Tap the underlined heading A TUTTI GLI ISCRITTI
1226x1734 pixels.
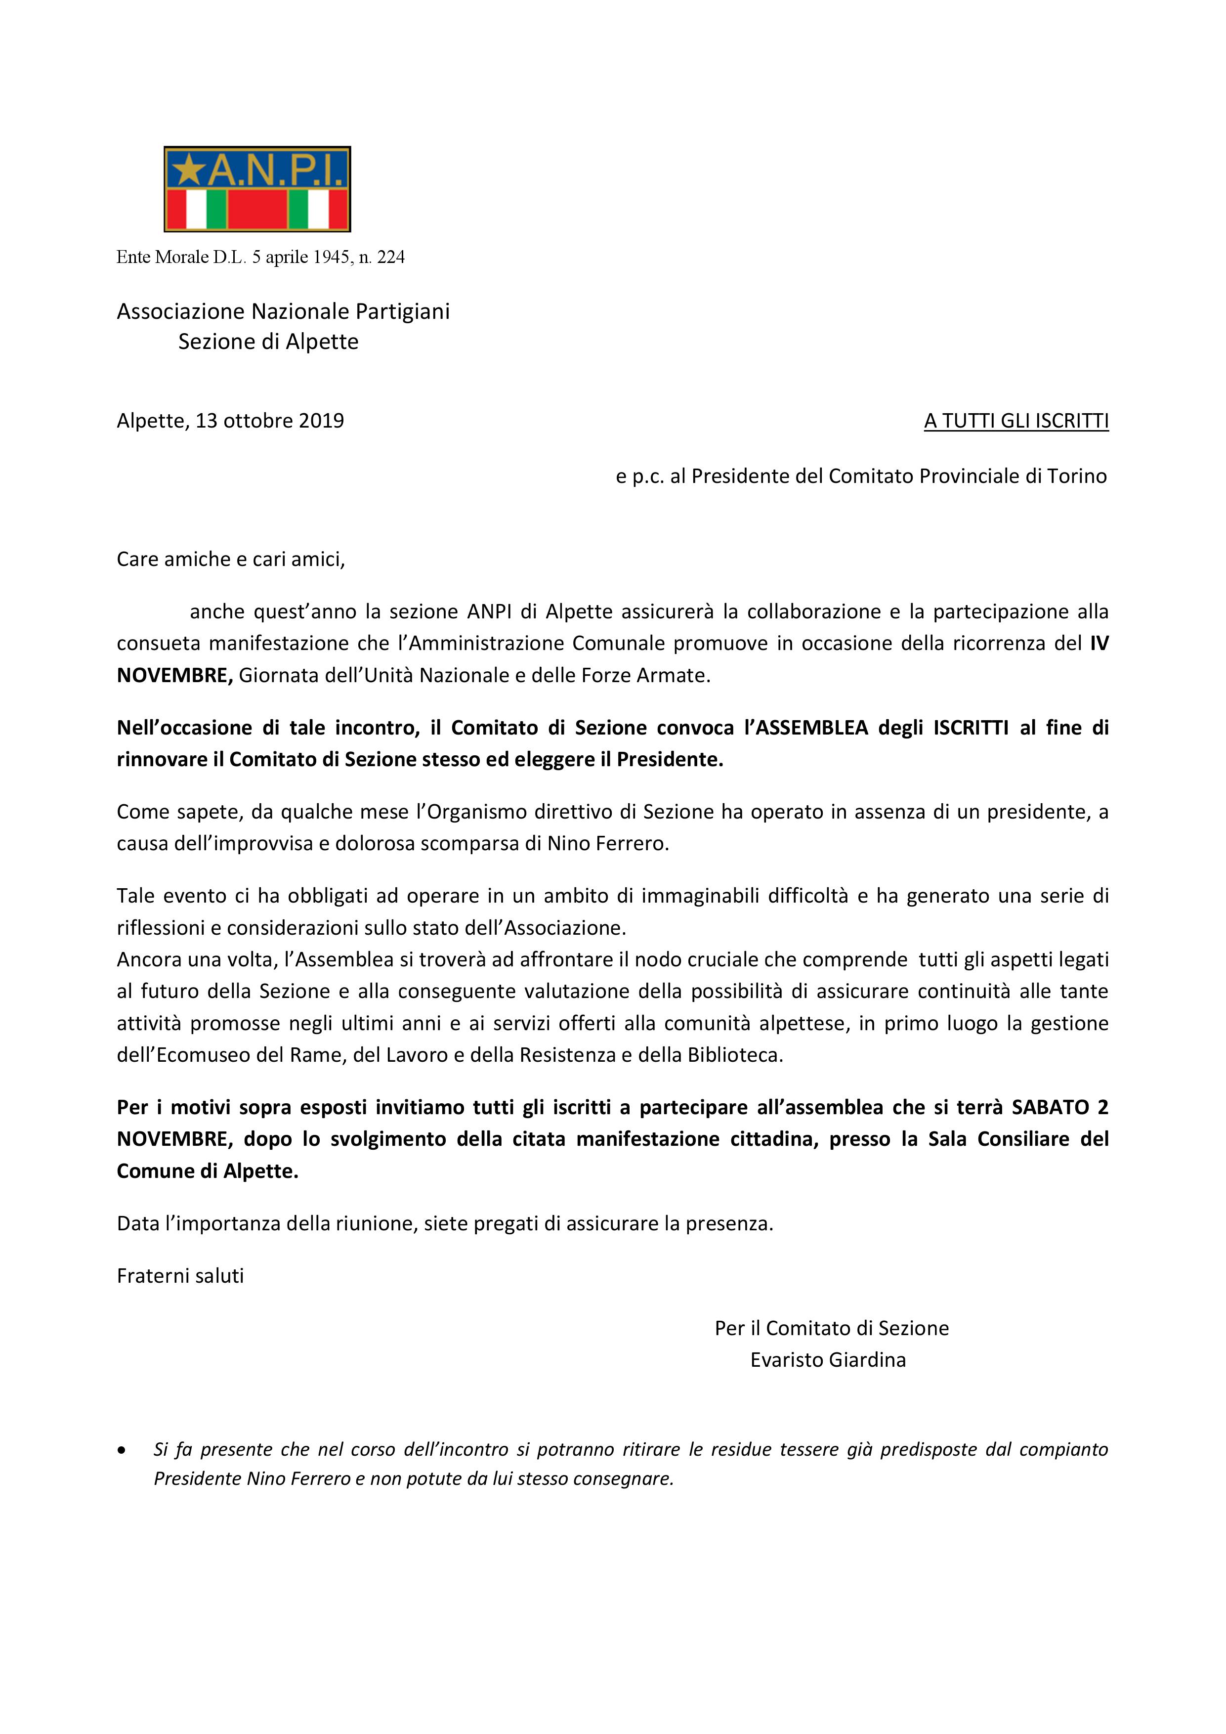[x=1016, y=422]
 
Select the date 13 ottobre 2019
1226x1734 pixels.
[x=269, y=421]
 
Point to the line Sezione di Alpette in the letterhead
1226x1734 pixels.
[x=268, y=342]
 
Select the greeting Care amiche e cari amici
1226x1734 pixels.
[x=230, y=559]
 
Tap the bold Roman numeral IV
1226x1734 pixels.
[x=1099, y=644]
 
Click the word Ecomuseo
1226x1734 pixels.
[x=203, y=1055]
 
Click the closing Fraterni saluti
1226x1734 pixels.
[x=180, y=1276]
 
